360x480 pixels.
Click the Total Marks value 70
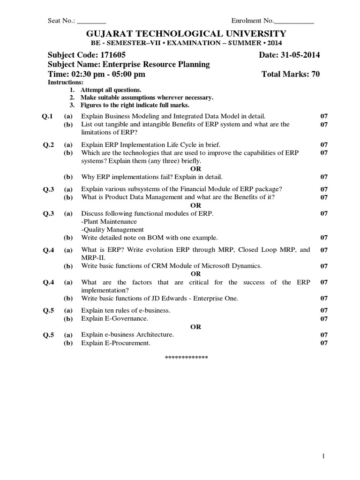315,74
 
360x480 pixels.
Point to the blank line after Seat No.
91,22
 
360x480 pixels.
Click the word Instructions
66,82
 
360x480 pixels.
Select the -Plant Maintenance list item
109,221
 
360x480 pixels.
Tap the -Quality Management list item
112,230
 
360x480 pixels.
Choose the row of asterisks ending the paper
186,358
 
